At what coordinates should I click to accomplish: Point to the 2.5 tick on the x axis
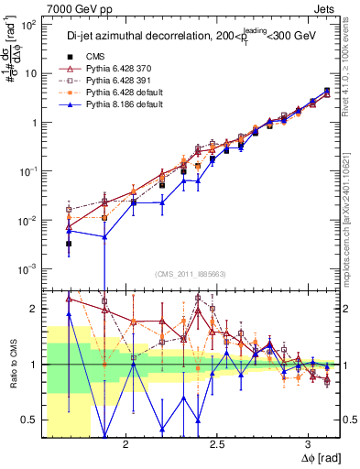217,443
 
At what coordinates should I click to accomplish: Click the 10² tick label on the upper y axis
29,24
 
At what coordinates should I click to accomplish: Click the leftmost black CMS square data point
69,244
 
